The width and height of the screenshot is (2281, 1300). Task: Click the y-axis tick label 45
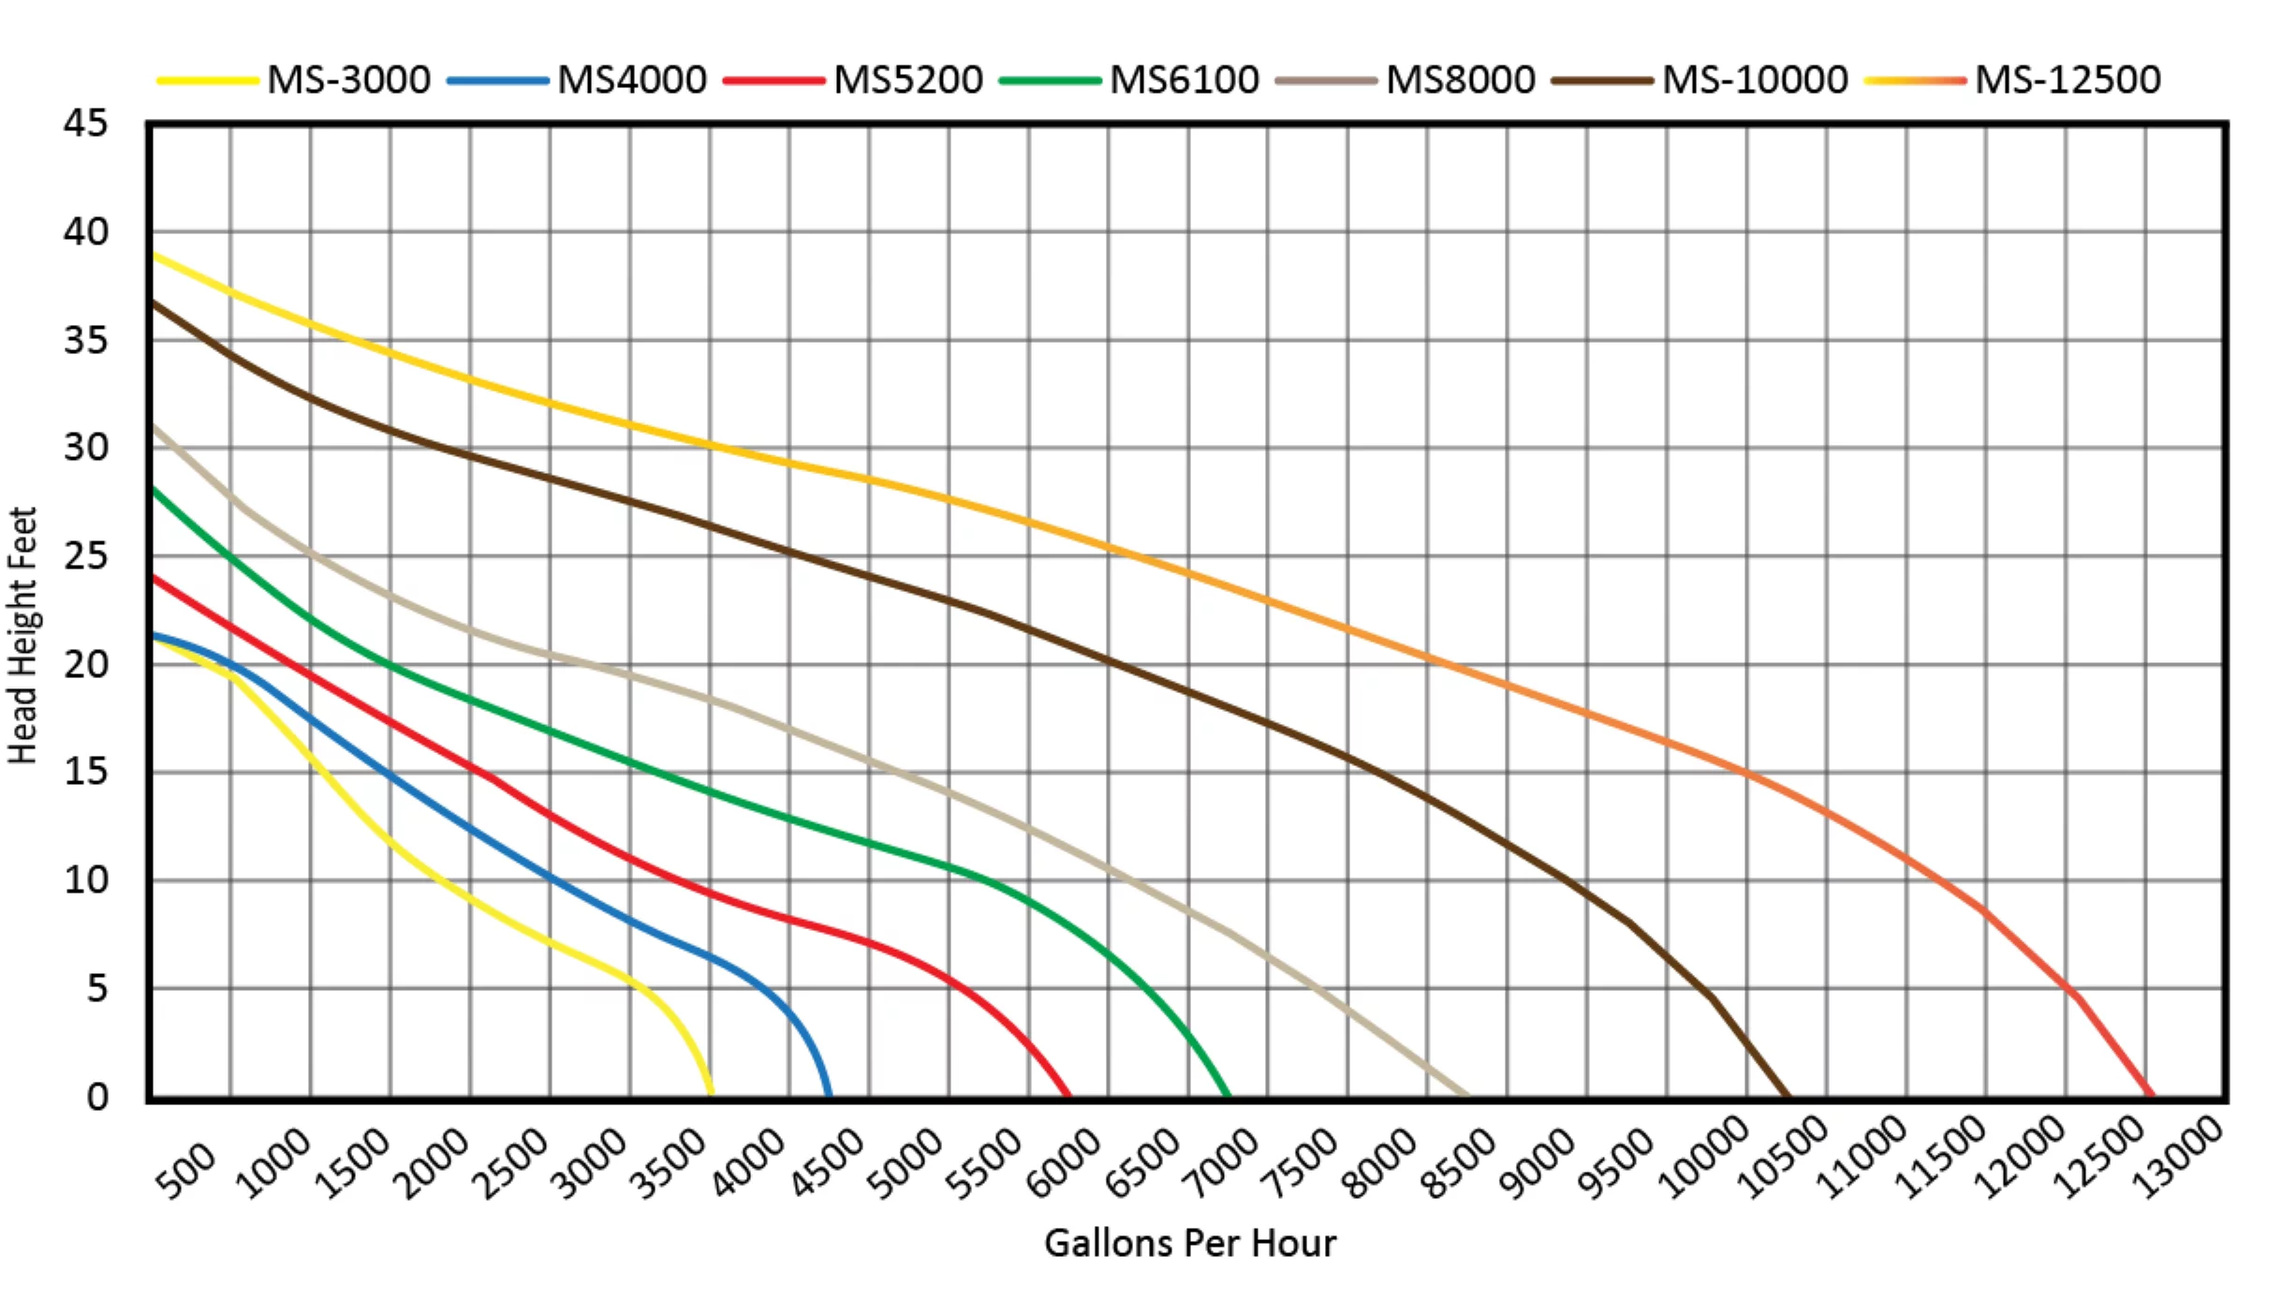coord(86,124)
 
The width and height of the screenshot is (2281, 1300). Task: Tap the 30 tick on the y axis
coord(86,448)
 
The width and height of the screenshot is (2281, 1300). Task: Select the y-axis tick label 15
coord(86,772)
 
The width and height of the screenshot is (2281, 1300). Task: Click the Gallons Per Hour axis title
coord(1189,1244)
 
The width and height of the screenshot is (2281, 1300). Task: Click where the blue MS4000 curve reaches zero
coord(829,1094)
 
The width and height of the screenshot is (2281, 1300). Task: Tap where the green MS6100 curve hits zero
coord(1228,1094)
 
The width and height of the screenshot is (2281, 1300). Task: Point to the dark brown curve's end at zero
coord(1788,1094)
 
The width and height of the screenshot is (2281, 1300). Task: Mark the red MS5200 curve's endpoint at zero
coord(1068,1094)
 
